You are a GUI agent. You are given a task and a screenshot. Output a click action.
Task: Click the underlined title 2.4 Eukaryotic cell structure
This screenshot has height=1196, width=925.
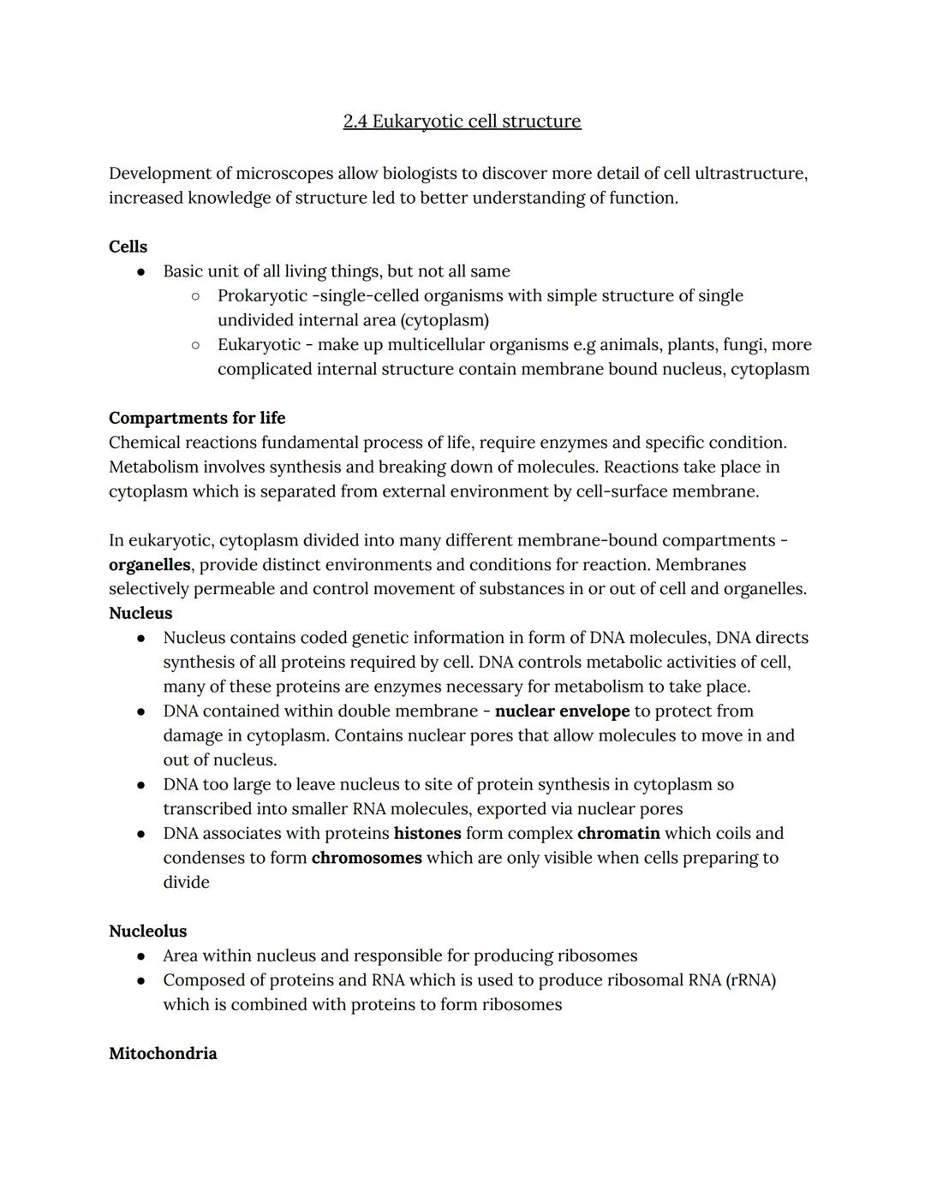click(x=462, y=122)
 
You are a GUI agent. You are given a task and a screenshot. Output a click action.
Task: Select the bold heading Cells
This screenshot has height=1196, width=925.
click(x=128, y=247)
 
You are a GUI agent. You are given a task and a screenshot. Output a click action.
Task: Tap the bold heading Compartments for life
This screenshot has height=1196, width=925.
click(x=197, y=418)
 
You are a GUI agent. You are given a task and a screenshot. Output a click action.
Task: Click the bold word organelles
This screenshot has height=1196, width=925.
click(x=149, y=565)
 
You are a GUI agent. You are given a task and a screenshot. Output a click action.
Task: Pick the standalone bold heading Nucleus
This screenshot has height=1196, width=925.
click(x=140, y=614)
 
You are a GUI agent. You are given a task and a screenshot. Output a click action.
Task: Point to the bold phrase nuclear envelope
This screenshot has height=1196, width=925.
click(x=562, y=711)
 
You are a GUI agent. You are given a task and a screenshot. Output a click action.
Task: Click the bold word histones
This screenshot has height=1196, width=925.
click(x=427, y=834)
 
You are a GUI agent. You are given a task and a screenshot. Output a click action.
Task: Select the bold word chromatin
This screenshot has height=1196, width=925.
click(x=618, y=834)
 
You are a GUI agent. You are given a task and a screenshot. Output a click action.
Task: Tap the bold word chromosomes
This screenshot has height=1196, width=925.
click(x=367, y=858)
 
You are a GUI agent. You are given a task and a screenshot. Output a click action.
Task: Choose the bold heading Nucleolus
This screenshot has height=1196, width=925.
click(x=147, y=931)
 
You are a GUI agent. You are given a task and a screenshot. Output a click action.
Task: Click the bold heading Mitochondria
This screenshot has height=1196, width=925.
click(x=163, y=1054)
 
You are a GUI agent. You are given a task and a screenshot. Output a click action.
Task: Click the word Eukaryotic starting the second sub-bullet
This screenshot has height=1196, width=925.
click(x=259, y=345)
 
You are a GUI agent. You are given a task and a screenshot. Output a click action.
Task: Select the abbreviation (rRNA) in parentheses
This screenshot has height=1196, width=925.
click(x=750, y=980)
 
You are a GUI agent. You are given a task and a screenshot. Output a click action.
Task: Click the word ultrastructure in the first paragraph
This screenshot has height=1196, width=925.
click(x=750, y=174)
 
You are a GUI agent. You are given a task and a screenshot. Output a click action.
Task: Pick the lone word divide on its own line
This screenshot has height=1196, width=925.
click(x=186, y=883)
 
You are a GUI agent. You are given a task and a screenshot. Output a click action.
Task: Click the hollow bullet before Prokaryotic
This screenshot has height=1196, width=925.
click(x=195, y=296)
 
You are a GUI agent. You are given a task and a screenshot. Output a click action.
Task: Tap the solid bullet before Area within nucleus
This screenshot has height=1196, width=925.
click(x=140, y=956)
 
